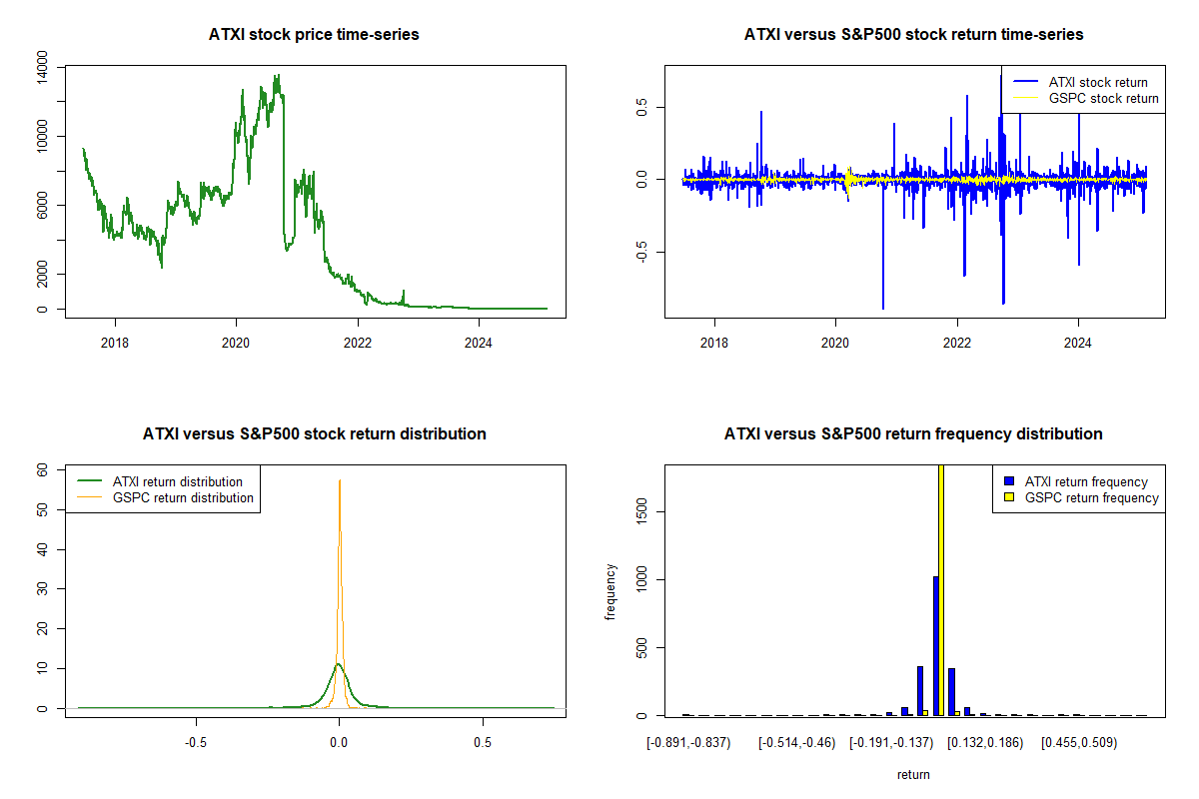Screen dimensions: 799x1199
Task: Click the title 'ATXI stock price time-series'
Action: click(314, 35)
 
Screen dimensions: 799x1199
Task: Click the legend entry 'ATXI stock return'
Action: click(1098, 82)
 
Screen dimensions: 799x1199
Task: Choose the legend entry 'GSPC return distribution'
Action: click(183, 497)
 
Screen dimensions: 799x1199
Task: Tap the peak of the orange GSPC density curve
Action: click(340, 481)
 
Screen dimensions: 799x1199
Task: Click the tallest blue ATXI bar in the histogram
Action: click(935, 645)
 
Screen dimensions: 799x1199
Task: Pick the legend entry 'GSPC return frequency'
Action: click(1092, 497)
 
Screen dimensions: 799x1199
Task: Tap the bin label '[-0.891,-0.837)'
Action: click(688, 743)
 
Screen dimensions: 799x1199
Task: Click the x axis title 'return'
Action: click(913, 774)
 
